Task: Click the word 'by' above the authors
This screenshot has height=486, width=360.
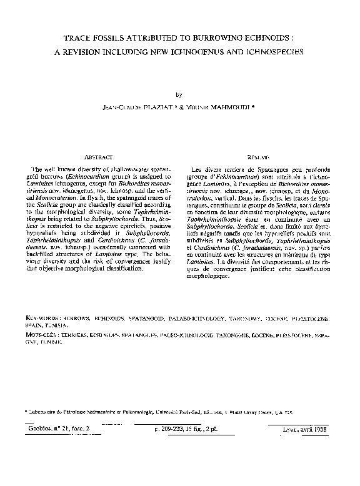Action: [x=180, y=94]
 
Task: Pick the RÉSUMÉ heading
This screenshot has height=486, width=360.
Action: [x=257, y=158]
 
